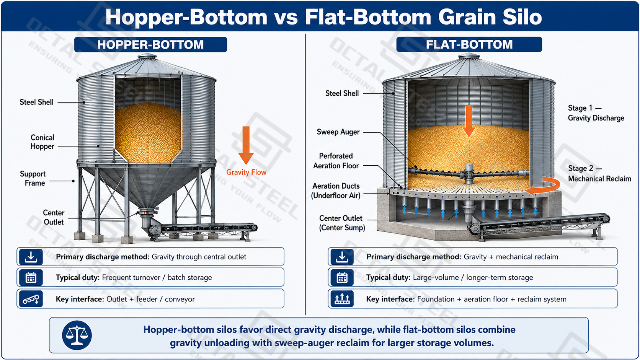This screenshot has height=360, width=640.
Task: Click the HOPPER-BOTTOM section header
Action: (150, 44)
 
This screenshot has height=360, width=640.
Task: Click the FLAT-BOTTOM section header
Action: (469, 44)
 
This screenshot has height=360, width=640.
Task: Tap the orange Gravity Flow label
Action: (246, 172)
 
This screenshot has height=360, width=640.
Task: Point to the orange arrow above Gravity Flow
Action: (246, 145)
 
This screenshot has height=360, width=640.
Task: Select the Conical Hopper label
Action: (42, 142)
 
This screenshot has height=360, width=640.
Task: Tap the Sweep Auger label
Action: (338, 132)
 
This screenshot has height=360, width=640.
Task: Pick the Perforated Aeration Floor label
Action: (336, 161)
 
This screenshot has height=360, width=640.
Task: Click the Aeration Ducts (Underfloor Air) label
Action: (336, 191)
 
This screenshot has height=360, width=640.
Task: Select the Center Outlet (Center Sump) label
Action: (342, 223)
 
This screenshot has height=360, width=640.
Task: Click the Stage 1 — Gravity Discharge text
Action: (596, 113)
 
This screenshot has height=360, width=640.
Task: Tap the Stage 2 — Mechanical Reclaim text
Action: (599, 174)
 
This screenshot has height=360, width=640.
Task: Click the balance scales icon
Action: (77, 335)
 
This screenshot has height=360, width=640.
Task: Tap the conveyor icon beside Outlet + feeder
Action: (31, 299)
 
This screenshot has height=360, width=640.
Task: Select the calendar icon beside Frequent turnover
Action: (31, 277)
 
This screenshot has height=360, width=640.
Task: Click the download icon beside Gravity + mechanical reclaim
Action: (342, 257)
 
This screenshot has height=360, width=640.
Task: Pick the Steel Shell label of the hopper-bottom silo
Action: (37, 102)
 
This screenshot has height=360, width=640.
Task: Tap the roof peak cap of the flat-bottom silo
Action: (469, 55)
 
